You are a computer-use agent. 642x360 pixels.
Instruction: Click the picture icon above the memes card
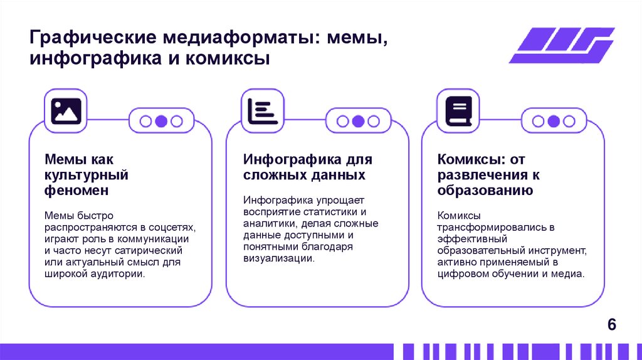click(x=66, y=110)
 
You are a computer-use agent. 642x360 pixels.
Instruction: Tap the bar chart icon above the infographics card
click(x=263, y=110)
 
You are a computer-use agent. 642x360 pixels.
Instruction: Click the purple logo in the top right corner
click(x=561, y=45)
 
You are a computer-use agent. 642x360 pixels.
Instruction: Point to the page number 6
click(x=612, y=325)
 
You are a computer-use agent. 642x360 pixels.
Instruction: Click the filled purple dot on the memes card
click(x=161, y=122)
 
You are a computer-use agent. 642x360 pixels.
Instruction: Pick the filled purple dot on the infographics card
click(x=358, y=122)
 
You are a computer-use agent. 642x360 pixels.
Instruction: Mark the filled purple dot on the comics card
click(x=554, y=122)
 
